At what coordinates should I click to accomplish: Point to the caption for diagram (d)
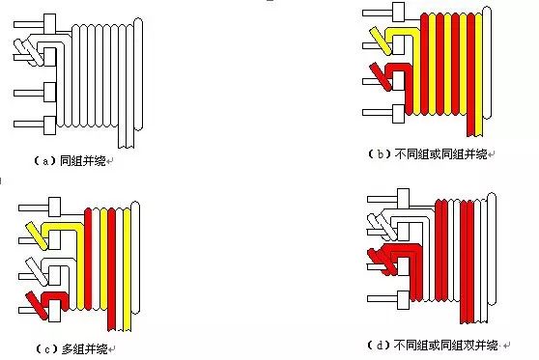tap(433, 345)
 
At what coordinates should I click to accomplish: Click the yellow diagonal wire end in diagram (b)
tap(381, 42)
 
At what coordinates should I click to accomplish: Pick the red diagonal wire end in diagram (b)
tap(381, 77)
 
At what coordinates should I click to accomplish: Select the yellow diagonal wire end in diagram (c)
tap(37, 236)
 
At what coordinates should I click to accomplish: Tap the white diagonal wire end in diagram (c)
tap(37, 271)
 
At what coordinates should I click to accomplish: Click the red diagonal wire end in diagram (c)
tap(37, 306)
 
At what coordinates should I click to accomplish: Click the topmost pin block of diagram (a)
tap(50, 24)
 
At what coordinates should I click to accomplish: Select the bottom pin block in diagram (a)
tap(50, 125)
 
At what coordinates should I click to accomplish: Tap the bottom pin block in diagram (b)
tap(398, 113)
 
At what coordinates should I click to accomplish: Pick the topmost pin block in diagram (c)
tap(55, 207)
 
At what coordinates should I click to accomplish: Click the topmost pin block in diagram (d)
tap(403, 198)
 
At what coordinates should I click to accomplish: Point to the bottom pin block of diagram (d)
tap(403, 299)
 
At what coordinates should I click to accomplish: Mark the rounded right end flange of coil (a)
tap(138, 74)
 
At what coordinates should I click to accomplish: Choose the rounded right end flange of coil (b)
tap(487, 63)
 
